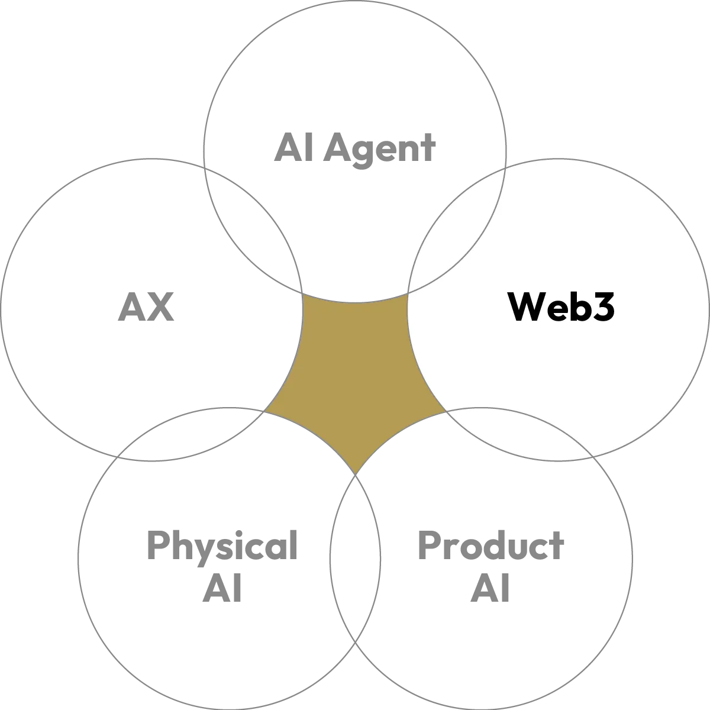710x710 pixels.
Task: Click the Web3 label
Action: coord(561,307)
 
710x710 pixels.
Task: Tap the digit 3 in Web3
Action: coord(601,308)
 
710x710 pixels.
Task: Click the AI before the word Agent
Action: coord(290,146)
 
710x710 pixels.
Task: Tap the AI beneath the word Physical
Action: coord(221,589)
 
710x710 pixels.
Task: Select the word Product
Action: coord(490,547)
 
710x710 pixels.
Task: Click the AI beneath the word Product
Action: coord(490,589)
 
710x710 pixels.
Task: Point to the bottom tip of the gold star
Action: coord(355,470)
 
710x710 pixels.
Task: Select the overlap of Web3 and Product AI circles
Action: coord(521,432)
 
